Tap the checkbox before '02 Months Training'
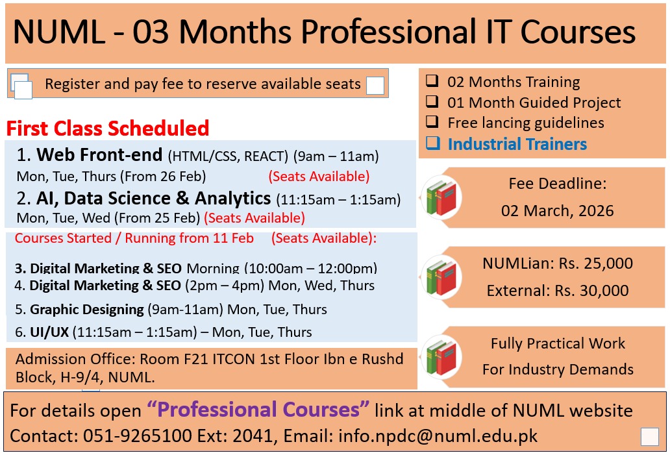[432, 82]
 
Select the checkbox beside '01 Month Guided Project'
[432, 103]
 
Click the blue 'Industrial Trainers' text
[517, 144]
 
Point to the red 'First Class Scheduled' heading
[108, 128]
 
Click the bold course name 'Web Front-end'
[100, 156]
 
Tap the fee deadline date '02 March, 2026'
[557, 211]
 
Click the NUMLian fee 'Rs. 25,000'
[595, 264]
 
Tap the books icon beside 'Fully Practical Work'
[441, 356]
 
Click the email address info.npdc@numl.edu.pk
[438, 436]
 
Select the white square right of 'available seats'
[375, 85]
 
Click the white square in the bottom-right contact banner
[649, 437]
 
